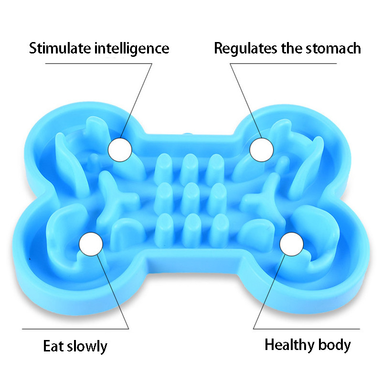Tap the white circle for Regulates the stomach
(262, 150)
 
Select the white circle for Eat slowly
(91, 244)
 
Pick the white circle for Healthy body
(291, 245)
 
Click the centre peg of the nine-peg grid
(191, 193)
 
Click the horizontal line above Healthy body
(306, 329)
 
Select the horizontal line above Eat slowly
(76, 329)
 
